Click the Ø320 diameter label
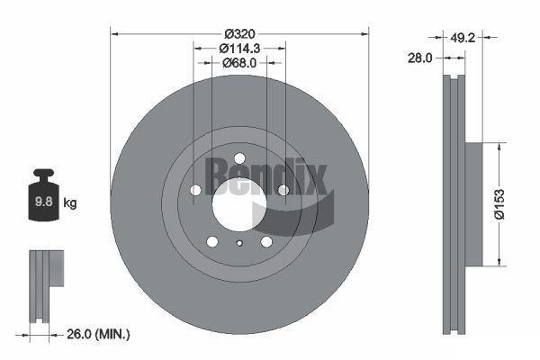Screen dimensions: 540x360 [239, 34]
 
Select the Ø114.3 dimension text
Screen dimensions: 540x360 [239, 49]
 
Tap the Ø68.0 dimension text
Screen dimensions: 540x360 [239, 63]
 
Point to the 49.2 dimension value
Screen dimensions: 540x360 [463, 38]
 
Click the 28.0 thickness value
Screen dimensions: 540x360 [419, 58]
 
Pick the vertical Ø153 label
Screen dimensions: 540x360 [499, 204]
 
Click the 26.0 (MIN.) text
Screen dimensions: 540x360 [98, 334]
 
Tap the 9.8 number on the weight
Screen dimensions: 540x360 [44, 202]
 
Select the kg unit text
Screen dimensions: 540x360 [70, 203]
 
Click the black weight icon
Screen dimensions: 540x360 [44, 194]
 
